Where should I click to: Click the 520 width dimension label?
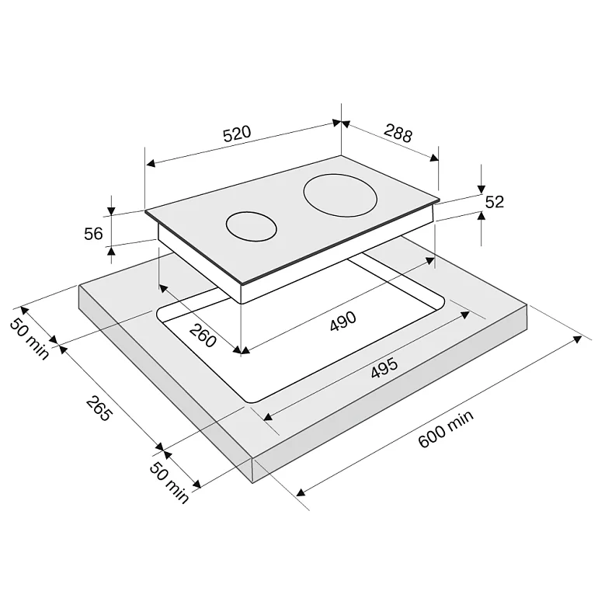[x=237, y=134]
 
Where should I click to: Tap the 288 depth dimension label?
[x=398, y=133]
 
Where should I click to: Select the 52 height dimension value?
[x=494, y=202]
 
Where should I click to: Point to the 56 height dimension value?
[x=93, y=234]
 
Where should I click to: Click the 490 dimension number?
[x=342, y=321]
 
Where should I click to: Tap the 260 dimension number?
[x=203, y=336]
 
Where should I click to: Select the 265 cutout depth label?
[x=99, y=409]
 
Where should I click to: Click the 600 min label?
[x=446, y=429]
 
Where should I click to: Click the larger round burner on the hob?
[x=340, y=195]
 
